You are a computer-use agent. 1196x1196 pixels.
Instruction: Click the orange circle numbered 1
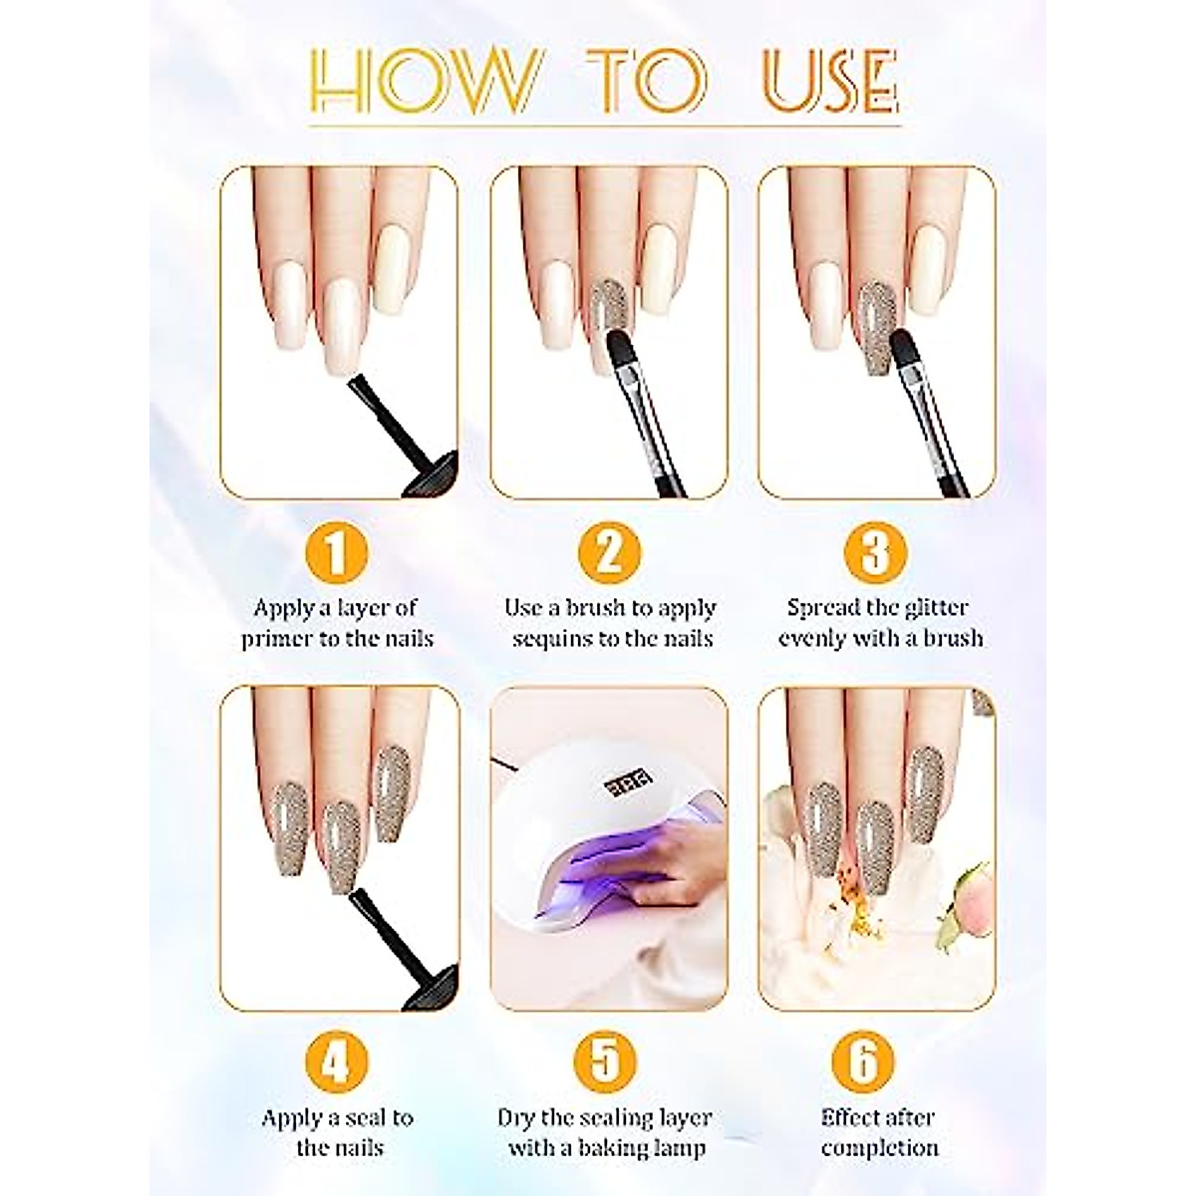337,552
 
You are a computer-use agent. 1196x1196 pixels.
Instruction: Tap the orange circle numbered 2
609,552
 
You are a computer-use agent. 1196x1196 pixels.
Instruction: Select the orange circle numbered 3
874,552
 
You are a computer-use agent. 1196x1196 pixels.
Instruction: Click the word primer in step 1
277,640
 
